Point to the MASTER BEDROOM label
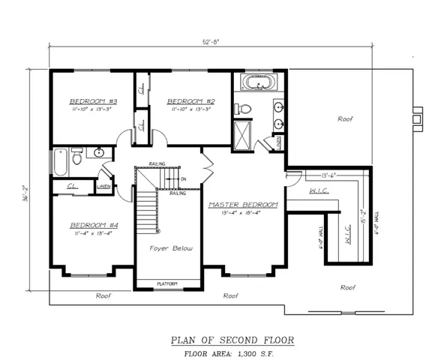coord(243,204)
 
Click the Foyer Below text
coord(168,247)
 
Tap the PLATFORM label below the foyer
coord(167,283)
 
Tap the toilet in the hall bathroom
coord(76,157)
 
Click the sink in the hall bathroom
coord(98,154)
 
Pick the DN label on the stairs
coord(183,179)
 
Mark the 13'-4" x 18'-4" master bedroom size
coord(243,212)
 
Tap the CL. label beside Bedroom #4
coord(73,186)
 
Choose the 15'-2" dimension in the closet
coord(363,218)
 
